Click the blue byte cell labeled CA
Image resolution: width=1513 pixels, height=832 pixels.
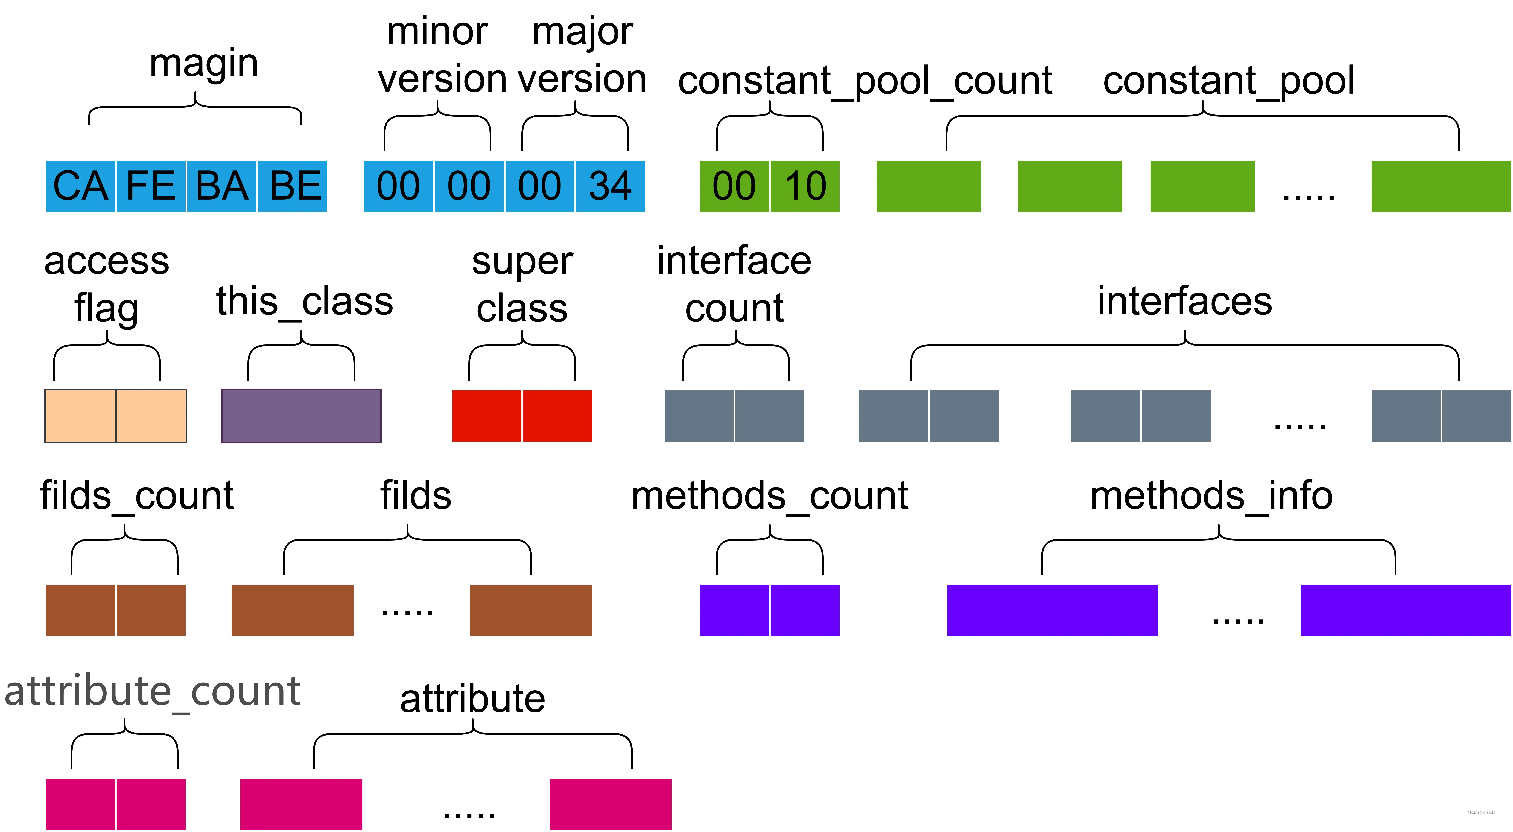pyautogui.click(x=80, y=186)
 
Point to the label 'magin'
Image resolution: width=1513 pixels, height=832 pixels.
pyautogui.click(x=204, y=63)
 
